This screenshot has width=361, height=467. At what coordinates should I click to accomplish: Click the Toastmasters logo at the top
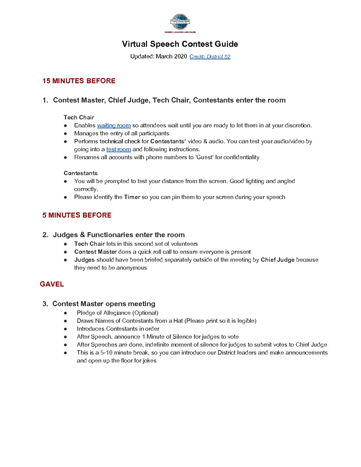pos(180,23)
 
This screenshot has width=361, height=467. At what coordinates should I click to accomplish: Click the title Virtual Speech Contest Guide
pos(180,44)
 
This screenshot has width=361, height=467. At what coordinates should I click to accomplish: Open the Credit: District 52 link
pos(210,57)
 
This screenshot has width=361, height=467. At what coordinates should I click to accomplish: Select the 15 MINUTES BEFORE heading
pos(79,81)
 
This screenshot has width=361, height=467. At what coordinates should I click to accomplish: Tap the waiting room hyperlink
pos(114,125)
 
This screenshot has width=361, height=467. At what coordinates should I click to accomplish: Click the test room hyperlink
pos(118,149)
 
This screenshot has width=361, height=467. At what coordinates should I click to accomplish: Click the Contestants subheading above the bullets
pos(81,173)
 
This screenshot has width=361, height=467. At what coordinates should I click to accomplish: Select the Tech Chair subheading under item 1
pos(79,117)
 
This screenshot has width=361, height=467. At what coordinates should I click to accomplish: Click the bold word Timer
pos(132,197)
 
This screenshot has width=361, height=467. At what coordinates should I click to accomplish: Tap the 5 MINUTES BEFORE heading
pos(77,215)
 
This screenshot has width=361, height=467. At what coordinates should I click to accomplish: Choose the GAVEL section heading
pos(52,284)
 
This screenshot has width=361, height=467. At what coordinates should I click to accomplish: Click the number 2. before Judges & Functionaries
pos(45,235)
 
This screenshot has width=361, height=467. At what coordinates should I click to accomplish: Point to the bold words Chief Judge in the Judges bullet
pos(278,260)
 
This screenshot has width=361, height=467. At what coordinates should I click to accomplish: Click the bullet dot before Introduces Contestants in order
pos(66,329)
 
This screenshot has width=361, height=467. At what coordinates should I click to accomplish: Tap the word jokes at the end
pos(150,361)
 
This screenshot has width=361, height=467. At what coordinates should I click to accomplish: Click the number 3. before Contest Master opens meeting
pos(45,304)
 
